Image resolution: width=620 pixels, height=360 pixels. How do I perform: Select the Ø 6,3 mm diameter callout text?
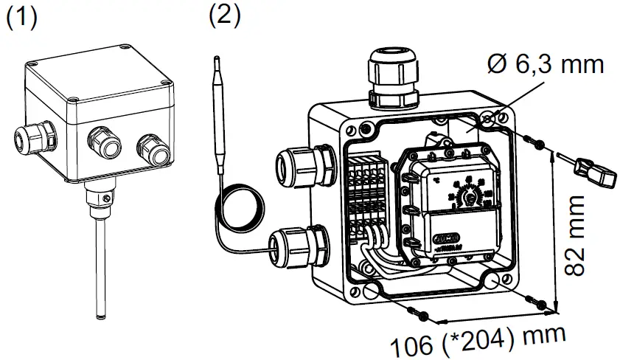[x=546, y=65]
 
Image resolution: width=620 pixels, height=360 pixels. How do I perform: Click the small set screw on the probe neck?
[x=108, y=197]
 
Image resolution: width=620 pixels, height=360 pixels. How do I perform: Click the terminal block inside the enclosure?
[x=367, y=195]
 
